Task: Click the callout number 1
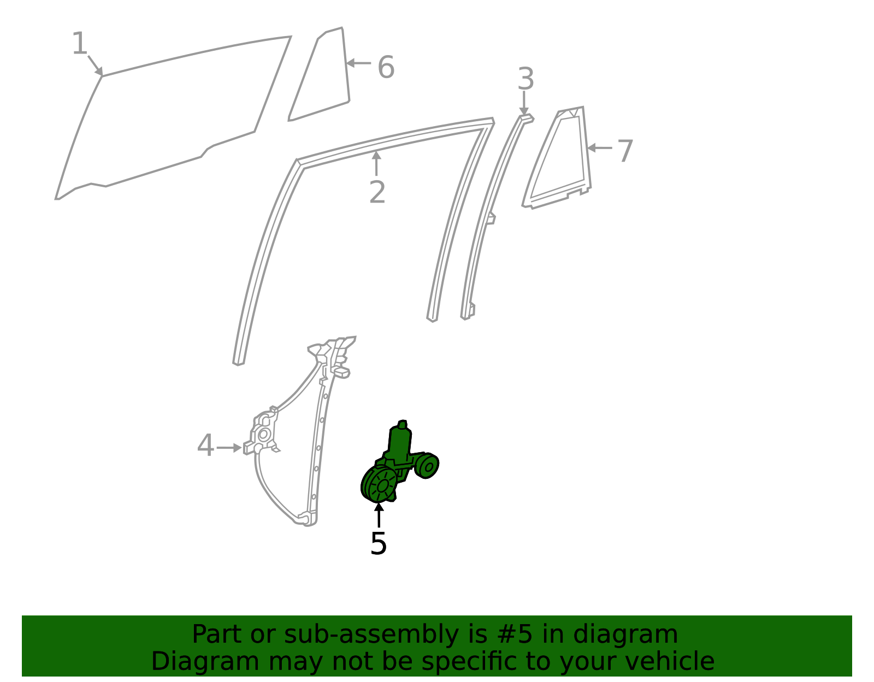click(x=80, y=44)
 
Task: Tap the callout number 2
click(x=377, y=193)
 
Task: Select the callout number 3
click(x=525, y=79)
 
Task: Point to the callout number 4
click(x=205, y=446)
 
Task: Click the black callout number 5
click(x=378, y=544)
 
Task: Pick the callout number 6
click(x=386, y=68)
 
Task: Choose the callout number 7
click(x=625, y=151)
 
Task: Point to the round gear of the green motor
click(x=381, y=484)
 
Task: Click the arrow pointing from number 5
click(x=378, y=515)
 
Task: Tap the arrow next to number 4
click(x=229, y=448)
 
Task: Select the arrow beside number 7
click(x=599, y=148)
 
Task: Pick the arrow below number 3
click(x=524, y=104)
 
